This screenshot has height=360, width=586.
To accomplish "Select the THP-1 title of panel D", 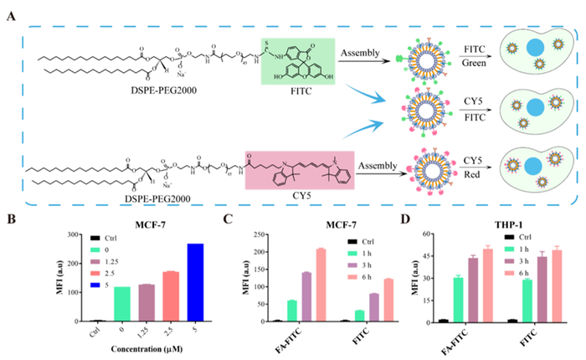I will pos(495,213).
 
